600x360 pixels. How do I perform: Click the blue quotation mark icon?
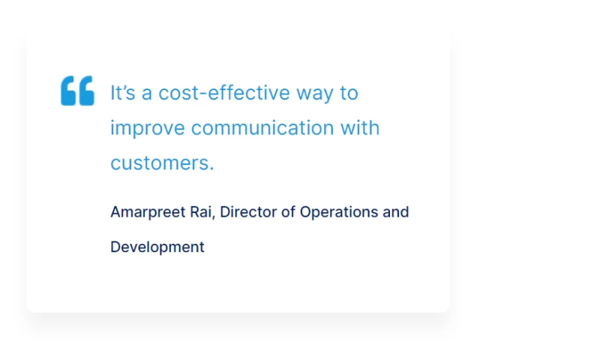click(x=77, y=91)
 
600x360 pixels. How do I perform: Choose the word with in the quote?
click(x=361, y=127)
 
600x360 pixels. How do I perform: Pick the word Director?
click(x=248, y=211)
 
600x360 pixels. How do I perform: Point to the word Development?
click(x=157, y=247)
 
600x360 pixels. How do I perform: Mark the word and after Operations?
click(x=396, y=211)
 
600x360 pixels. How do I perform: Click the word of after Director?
click(x=289, y=211)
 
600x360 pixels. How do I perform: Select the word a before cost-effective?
click(x=147, y=94)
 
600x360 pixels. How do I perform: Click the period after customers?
click(x=212, y=169)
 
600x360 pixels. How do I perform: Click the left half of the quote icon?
click(x=68, y=91)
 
